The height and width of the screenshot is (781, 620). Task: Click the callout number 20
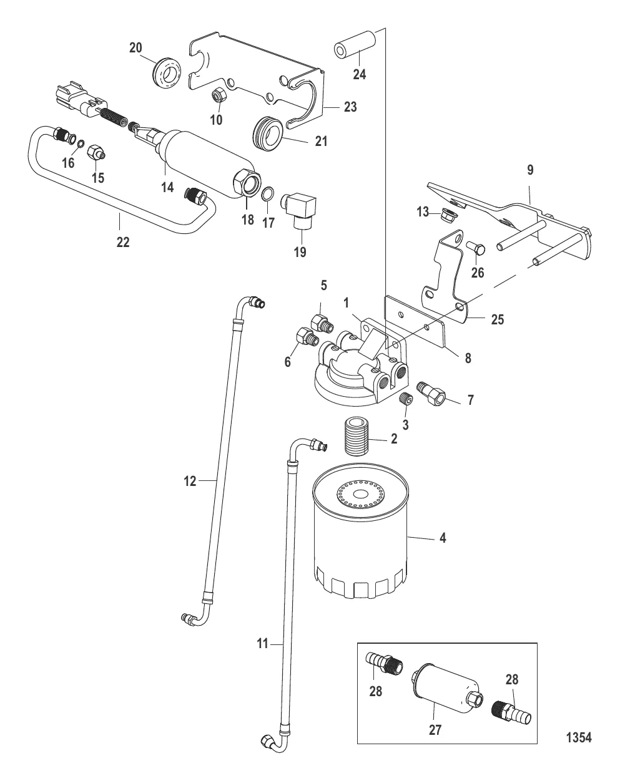point(135,48)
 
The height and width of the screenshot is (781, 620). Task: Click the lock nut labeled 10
point(219,94)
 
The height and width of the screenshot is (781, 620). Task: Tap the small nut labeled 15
point(96,152)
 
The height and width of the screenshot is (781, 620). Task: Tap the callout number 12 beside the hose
point(190,480)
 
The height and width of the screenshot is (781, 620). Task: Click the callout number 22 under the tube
point(122,241)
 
